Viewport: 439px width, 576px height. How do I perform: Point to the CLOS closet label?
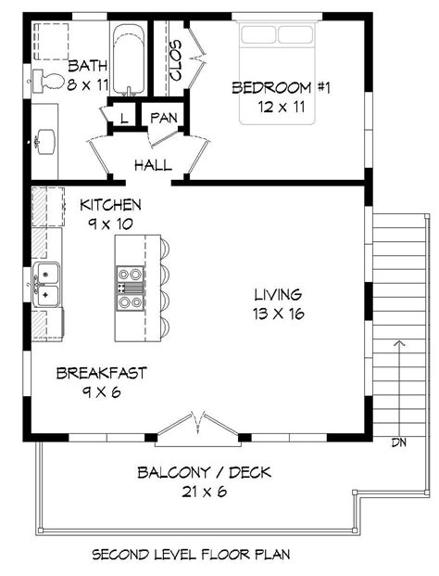[177, 58]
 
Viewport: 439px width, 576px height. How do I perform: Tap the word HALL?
[153, 165]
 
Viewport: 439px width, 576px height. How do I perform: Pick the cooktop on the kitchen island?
[130, 280]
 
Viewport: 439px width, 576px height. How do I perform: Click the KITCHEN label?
[110, 205]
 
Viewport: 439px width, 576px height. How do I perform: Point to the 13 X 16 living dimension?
[278, 314]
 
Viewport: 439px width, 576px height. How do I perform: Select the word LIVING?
[278, 295]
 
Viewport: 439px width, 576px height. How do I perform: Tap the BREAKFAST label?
[101, 373]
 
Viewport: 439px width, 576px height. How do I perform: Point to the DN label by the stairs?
[398, 441]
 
